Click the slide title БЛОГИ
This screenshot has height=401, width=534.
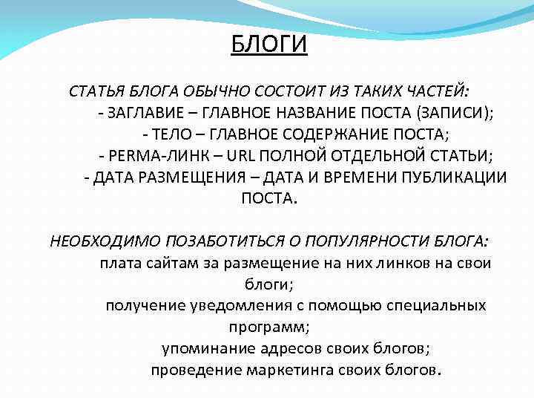tap(268, 45)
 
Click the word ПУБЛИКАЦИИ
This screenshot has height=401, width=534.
tap(452, 177)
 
